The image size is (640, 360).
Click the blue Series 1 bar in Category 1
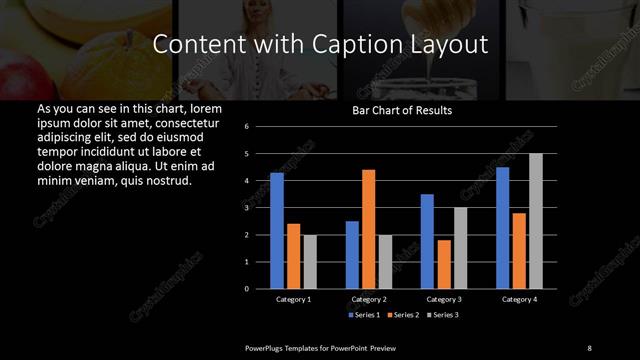click(277, 231)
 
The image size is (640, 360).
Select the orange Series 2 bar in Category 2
click(369, 229)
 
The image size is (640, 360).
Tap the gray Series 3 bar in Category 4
click(536, 221)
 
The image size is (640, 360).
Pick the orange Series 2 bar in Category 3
click(444, 264)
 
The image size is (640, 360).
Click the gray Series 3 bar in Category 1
click(310, 262)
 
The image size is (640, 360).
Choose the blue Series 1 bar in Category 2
click(352, 255)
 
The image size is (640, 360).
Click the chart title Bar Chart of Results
click(402, 111)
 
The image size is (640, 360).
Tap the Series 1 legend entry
click(362, 315)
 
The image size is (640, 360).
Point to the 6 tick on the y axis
click(246, 127)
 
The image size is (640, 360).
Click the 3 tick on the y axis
click(246, 208)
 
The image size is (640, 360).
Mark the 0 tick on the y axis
click(246, 289)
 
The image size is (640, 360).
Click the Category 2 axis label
click(369, 299)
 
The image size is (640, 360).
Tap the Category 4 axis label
click(519, 299)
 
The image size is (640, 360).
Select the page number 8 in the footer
click(589, 347)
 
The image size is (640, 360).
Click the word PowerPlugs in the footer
click(267, 347)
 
